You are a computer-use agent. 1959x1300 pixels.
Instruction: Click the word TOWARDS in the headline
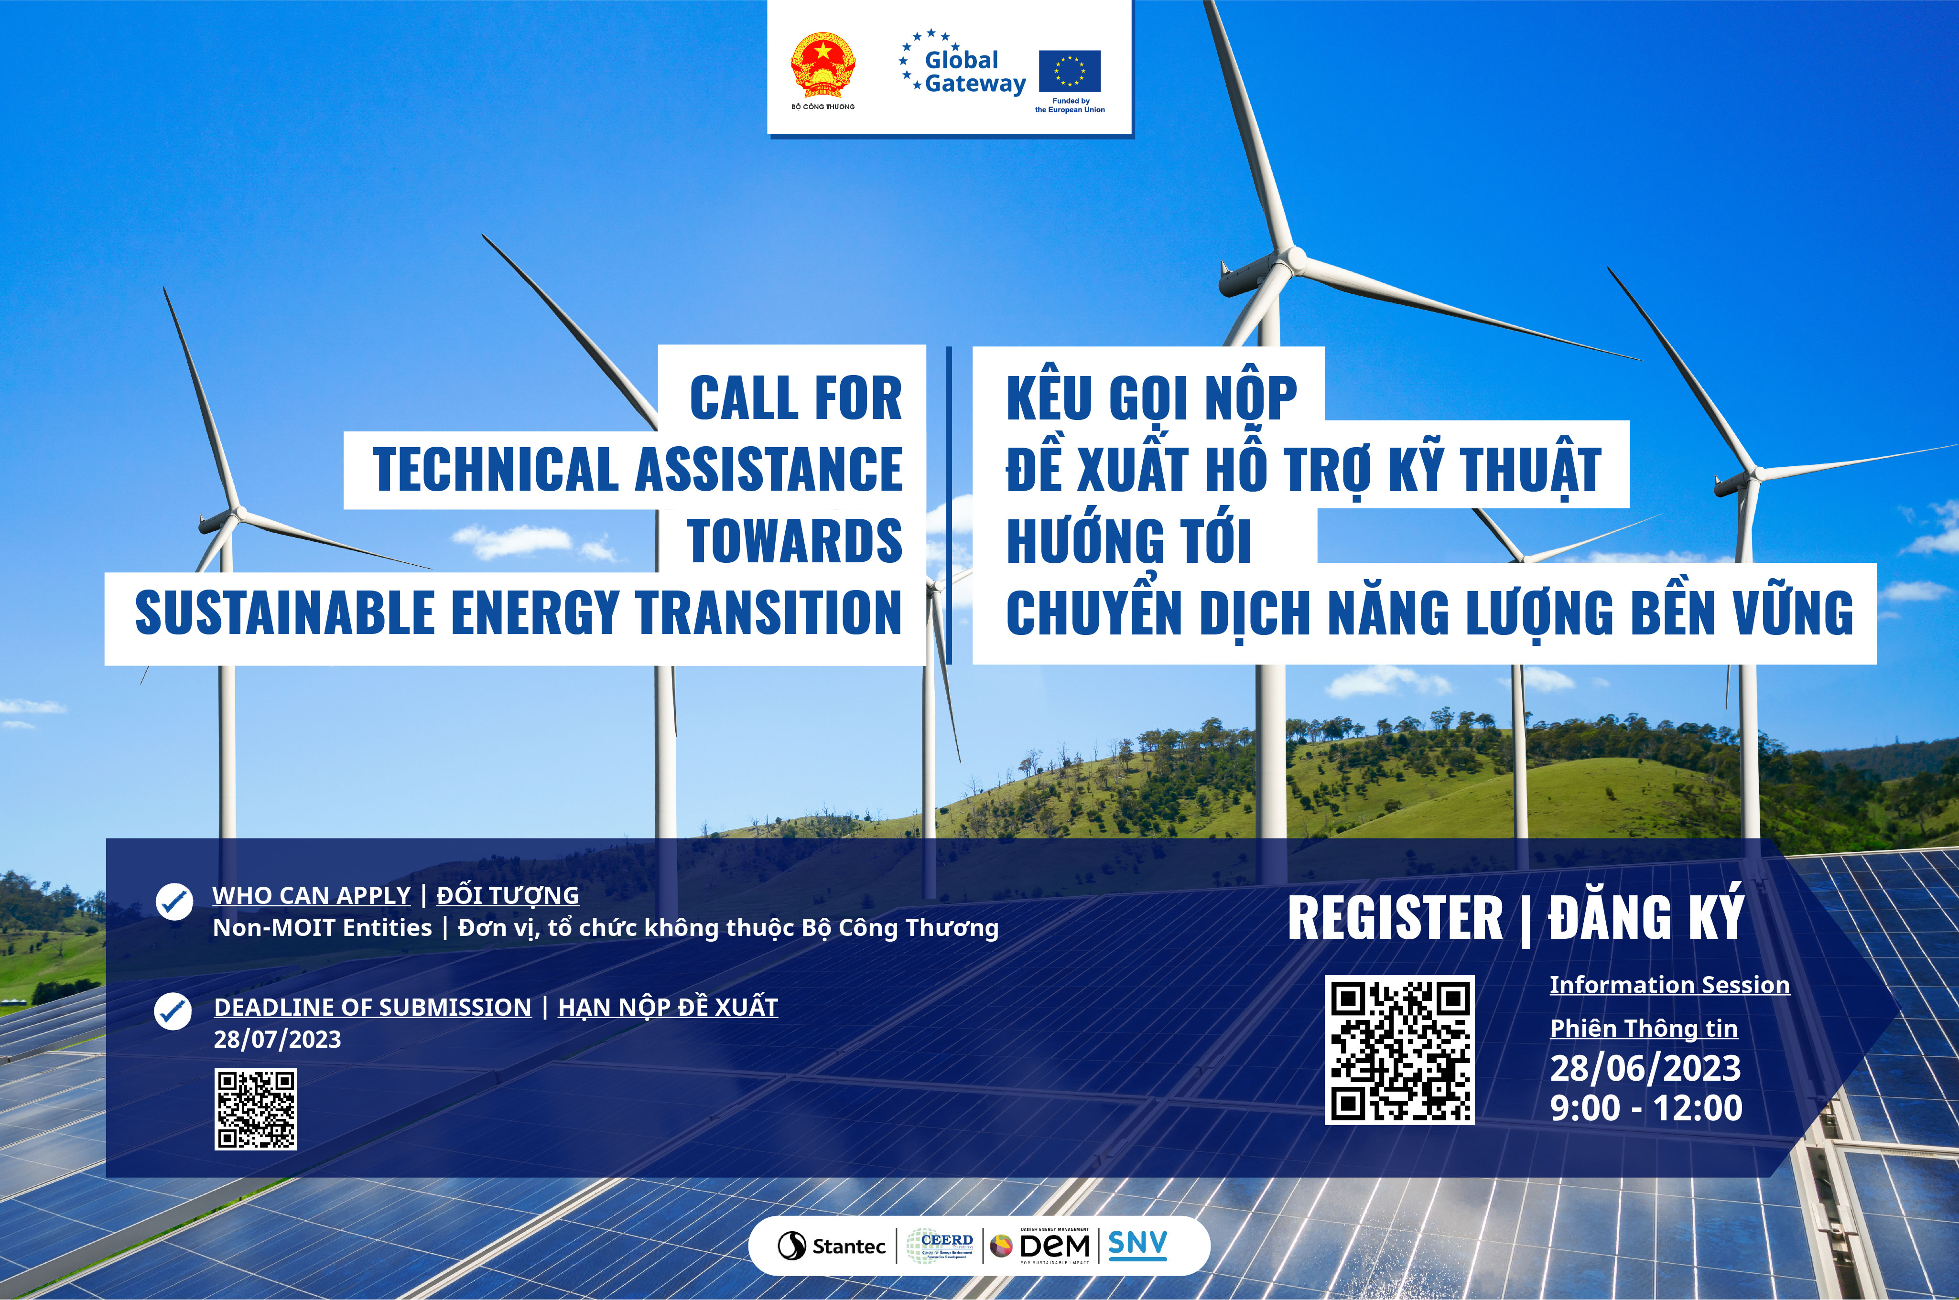795,540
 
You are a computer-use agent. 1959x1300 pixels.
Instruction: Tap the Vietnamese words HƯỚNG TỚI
1128,540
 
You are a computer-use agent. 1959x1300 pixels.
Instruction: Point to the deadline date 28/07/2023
277,1040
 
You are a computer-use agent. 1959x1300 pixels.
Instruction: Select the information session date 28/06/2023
1645,1068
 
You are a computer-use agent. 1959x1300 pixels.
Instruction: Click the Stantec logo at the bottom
832,1245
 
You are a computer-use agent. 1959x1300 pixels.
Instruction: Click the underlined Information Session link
1669,985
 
